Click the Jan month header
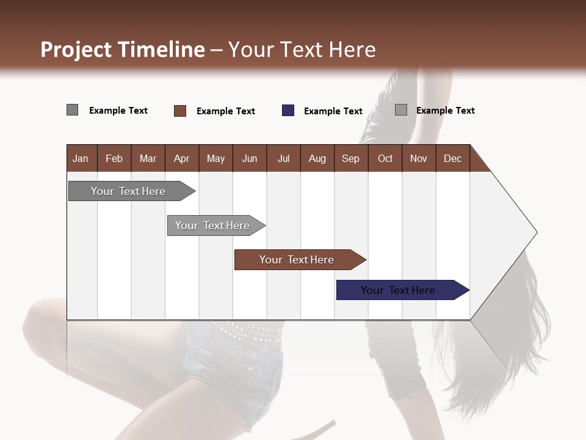coord(81,158)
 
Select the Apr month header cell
coord(181,158)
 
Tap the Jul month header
coord(283,158)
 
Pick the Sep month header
coord(350,158)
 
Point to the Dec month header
coord(452,158)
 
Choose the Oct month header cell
coord(385,158)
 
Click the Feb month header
coord(114,158)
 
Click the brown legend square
coord(180,111)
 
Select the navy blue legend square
coord(288,111)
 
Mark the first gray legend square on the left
coord(72,110)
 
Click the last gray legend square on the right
coord(401,110)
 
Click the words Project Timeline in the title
coord(122,50)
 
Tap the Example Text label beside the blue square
coord(333,111)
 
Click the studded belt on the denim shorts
coord(244,333)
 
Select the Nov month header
coord(419,158)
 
